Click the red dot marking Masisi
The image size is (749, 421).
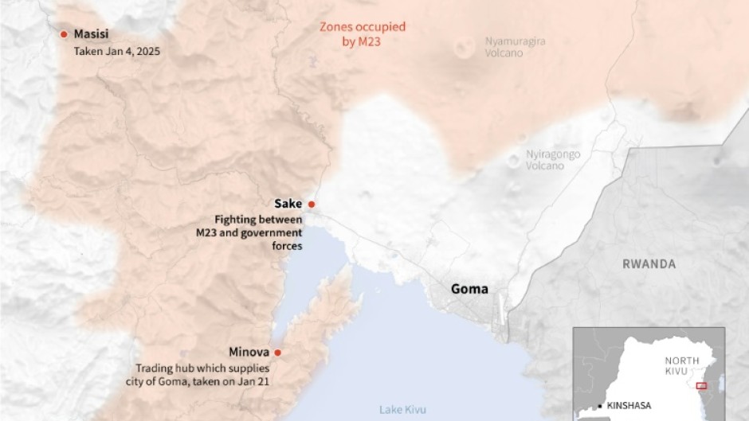pos(65,34)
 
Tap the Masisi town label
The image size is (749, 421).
pos(91,34)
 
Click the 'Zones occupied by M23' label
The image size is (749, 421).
pos(362,34)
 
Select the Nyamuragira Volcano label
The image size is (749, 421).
pos(515,47)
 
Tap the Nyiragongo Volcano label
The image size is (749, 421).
pos(552,160)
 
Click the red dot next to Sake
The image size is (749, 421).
pos(312,204)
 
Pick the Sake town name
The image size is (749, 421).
pos(288,204)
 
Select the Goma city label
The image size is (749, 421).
pos(469,289)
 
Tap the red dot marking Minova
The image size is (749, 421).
pos(277,353)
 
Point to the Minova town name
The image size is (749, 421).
pos(250,353)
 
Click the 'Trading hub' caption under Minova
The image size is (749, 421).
pos(202,375)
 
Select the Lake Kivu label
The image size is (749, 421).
pos(402,410)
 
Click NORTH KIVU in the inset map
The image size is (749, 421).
pos(682,365)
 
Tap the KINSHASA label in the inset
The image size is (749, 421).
pos(629,405)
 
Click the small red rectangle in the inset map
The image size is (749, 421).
pos(701,386)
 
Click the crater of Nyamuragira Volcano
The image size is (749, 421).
pos(463,48)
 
